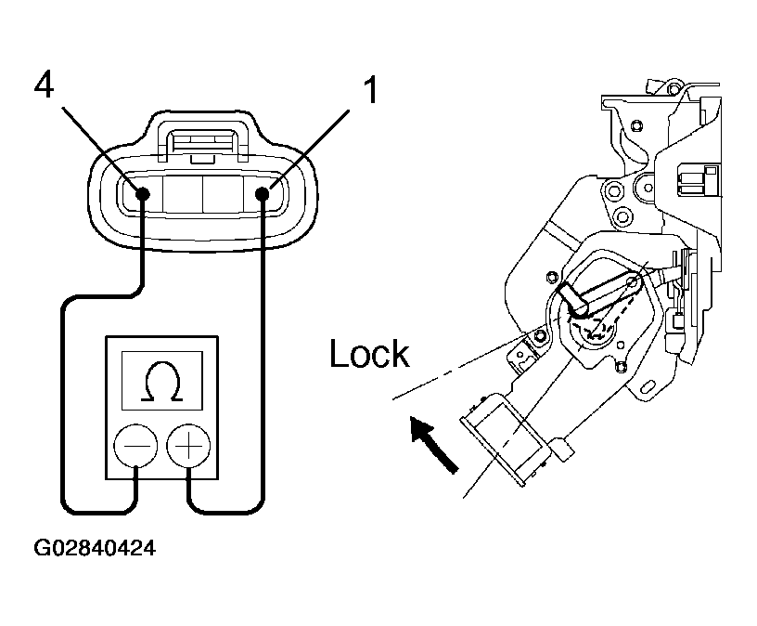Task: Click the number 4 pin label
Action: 44,85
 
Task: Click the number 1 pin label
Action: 370,89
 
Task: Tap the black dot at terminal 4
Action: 143,194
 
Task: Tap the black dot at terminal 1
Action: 263,194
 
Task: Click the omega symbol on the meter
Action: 162,381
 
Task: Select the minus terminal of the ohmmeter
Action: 135,445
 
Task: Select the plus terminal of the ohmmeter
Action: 188,445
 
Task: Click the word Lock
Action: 369,353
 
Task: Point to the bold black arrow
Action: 433,445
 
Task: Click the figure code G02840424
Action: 95,548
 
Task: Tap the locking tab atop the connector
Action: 203,140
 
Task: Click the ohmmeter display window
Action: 162,381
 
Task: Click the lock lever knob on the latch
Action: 573,299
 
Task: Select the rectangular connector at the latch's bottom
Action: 506,438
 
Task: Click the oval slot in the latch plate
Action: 648,386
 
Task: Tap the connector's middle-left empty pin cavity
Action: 183,194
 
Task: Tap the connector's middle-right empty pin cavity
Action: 223,194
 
